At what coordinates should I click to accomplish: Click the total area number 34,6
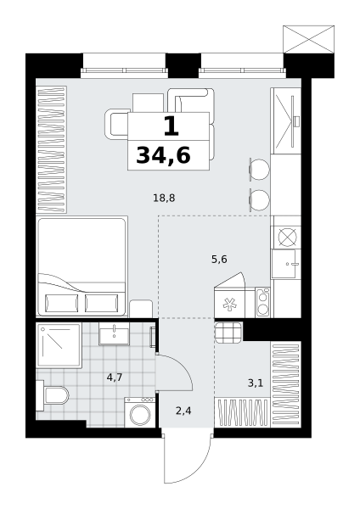tap(163, 155)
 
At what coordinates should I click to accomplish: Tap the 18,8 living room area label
tap(164, 198)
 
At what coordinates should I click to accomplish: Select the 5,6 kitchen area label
tap(219, 260)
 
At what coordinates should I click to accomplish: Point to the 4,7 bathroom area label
tap(115, 378)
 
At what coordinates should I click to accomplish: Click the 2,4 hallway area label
tap(183, 411)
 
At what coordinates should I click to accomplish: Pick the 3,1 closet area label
tap(256, 383)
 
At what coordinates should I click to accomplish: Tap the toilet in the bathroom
tap(53, 395)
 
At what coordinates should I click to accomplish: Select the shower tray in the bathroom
tap(59, 345)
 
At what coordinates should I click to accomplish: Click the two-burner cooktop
tap(262, 303)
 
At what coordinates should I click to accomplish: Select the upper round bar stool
tap(260, 169)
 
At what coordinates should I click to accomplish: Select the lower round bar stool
tap(260, 199)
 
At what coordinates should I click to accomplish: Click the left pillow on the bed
tap(61, 303)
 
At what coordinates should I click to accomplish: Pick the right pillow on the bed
tap(102, 303)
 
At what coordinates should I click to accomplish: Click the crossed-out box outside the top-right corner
tap(309, 39)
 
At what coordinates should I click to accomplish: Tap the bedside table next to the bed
tap(141, 309)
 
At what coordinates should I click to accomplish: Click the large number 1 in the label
tap(172, 126)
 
